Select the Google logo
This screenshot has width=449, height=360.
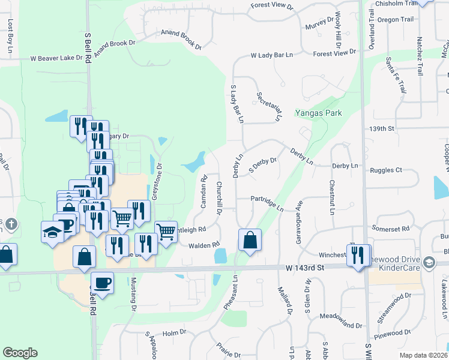(x=20, y=353)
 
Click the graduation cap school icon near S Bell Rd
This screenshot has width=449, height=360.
(x=52, y=232)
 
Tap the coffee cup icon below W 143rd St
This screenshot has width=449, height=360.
(x=102, y=283)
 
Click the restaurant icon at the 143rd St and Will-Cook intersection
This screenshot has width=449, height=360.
(x=359, y=256)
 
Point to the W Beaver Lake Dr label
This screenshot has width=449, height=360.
(x=56, y=59)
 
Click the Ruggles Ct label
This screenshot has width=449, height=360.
(x=385, y=170)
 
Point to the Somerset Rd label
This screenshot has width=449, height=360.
(x=390, y=229)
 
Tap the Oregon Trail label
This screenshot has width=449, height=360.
(x=396, y=19)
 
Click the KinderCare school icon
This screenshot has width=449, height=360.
(x=429, y=263)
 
